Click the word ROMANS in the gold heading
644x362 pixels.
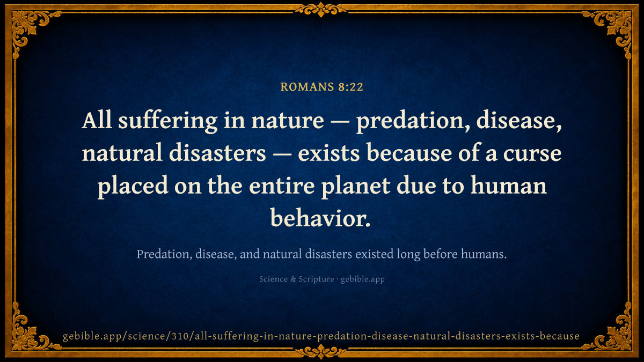point(307,87)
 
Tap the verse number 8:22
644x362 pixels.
point(351,87)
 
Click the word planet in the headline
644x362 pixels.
point(355,186)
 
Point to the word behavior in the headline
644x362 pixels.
point(320,218)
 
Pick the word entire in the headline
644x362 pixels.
point(282,186)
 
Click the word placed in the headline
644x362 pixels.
point(133,186)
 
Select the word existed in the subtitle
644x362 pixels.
point(375,254)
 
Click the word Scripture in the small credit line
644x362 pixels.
point(316,279)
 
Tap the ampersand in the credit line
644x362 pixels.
point(293,279)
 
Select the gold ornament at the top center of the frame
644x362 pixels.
point(321,10)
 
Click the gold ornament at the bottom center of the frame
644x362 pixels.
point(321,352)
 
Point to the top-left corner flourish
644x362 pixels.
point(29,27)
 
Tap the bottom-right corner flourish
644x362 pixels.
point(615,335)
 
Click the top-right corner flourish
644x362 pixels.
point(615,27)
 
